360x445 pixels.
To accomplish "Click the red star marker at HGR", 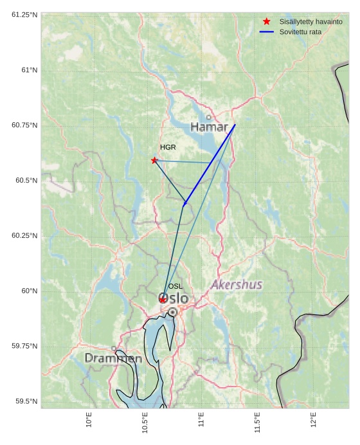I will pos(154,160).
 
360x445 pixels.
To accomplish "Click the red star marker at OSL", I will pos(163,300).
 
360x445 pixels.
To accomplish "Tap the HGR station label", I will pos(168,148).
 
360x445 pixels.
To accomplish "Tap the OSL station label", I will pos(175,286).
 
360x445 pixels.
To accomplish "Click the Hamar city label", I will pos(210,127).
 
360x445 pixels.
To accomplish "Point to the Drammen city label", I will pos(113,358).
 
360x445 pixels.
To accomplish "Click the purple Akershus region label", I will pos(237,284).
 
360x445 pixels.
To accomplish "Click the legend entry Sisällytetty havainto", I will pos(310,21).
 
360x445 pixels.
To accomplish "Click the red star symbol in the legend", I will pos(267,21).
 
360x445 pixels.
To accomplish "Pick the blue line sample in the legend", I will pos(267,32).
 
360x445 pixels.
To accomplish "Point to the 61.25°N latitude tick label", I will pos(24,14).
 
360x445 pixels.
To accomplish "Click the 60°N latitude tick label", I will pos(29,291).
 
